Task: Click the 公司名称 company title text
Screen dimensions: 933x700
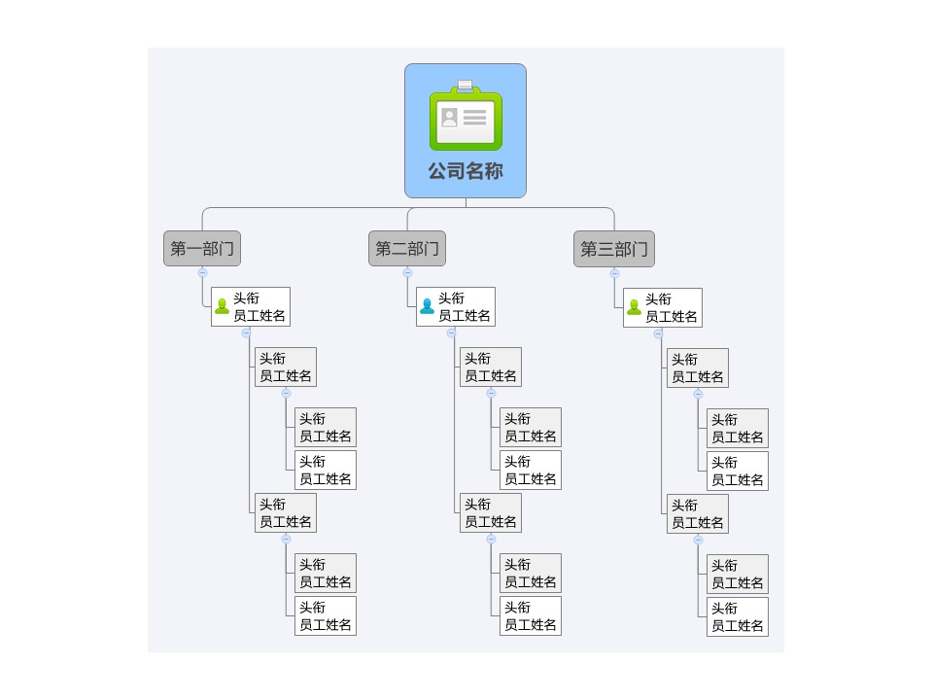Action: [x=466, y=171]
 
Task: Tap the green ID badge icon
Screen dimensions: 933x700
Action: [x=466, y=117]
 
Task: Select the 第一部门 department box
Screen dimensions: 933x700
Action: [x=202, y=248]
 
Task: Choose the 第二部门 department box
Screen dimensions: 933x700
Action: [x=407, y=248]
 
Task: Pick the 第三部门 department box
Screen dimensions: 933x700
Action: [x=614, y=249]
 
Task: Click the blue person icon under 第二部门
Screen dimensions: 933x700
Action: [x=428, y=306]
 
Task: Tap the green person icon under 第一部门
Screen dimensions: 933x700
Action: [x=222, y=306]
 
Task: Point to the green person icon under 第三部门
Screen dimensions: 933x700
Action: [x=635, y=307]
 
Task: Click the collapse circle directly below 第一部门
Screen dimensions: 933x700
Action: [x=202, y=272]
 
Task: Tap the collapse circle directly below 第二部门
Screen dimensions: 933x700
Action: [x=407, y=272]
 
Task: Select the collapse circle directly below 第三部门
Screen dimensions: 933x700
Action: [x=614, y=274]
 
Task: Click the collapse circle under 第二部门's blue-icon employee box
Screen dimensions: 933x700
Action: [x=451, y=332]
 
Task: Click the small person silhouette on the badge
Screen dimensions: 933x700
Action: [x=450, y=118]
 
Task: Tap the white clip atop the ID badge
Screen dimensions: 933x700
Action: [x=466, y=86]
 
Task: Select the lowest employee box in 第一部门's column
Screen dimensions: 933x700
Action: [x=326, y=616]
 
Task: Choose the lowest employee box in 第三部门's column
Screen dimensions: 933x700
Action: [x=738, y=617]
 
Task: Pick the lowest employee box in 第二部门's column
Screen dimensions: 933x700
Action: [x=531, y=616]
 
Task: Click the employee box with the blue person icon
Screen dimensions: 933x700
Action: [x=456, y=306]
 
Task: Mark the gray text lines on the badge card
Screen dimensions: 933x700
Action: [x=475, y=118]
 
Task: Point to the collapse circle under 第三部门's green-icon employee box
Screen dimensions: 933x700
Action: [x=658, y=333]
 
